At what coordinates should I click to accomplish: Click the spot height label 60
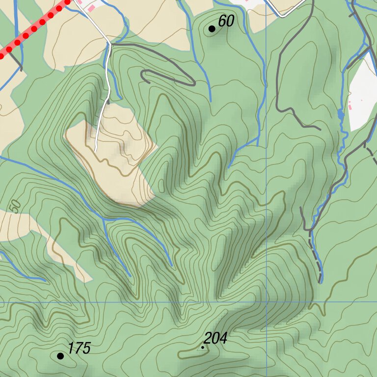click(x=226, y=21)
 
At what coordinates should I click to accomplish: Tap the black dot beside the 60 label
click(x=212, y=29)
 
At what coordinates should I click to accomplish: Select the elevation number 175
click(x=79, y=349)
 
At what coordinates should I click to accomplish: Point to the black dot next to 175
click(x=60, y=356)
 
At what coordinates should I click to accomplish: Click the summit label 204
click(x=215, y=338)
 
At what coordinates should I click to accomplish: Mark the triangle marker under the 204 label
click(x=202, y=348)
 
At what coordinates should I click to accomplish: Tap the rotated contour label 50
click(x=16, y=206)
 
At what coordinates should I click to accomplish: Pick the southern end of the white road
click(x=96, y=150)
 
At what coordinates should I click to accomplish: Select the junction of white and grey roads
click(x=110, y=44)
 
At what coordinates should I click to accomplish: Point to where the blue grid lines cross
click(x=266, y=302)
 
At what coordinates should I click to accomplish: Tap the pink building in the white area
click(x=350, y=105)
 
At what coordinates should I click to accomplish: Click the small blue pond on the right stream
click(x=340, y=114)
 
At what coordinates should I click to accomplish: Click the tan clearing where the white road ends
click(x=115, y=147)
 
